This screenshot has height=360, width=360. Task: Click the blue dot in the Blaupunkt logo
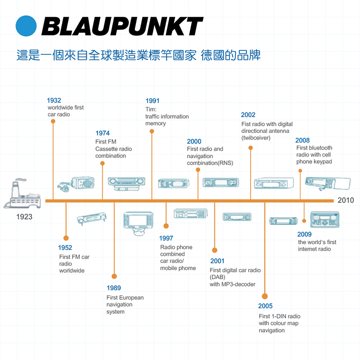(26, 26)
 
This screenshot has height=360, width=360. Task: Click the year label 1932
(54, 100)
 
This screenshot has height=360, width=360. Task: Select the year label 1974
(102, 133)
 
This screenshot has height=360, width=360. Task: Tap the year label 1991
(152, 101)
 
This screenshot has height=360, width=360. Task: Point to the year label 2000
(194, 142)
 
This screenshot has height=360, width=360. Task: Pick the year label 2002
(248, 115)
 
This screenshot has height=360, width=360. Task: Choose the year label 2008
(302, 141)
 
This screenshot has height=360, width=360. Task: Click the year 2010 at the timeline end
(346, 200)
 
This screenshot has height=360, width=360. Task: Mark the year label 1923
(24, 217)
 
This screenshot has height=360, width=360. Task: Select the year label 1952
(65, 248)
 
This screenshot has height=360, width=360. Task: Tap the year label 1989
(114, 288)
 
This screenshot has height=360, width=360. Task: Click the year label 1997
(166, 239)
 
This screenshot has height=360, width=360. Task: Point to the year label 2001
(217, 261)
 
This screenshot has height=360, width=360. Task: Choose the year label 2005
(265, 306)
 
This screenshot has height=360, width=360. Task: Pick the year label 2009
(304, 234)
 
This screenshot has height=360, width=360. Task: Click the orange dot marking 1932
(53, 121)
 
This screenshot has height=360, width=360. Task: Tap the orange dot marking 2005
(265, 296)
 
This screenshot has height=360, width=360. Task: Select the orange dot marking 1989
(114, 276)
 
